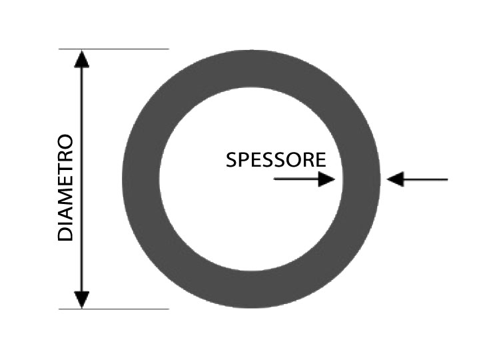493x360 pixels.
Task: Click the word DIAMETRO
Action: [65, 188]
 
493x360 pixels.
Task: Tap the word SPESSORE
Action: [276, 160]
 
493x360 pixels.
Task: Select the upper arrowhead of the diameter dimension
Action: [82, 59]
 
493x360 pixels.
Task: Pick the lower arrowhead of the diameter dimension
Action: [82, 300]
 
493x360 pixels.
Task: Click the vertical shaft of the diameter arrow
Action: [82, 179]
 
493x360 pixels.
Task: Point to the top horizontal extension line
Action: [114, 49]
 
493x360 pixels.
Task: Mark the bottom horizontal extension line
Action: [114, 309]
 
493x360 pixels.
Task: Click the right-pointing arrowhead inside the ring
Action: [326, 179]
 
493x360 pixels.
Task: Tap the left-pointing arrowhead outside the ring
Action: [395, 179]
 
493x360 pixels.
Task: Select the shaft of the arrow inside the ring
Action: [296, 179]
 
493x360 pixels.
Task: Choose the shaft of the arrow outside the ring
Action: [426, 179]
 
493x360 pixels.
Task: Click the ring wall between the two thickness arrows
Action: [361, 179]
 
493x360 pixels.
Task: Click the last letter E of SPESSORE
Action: [320, 160]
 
